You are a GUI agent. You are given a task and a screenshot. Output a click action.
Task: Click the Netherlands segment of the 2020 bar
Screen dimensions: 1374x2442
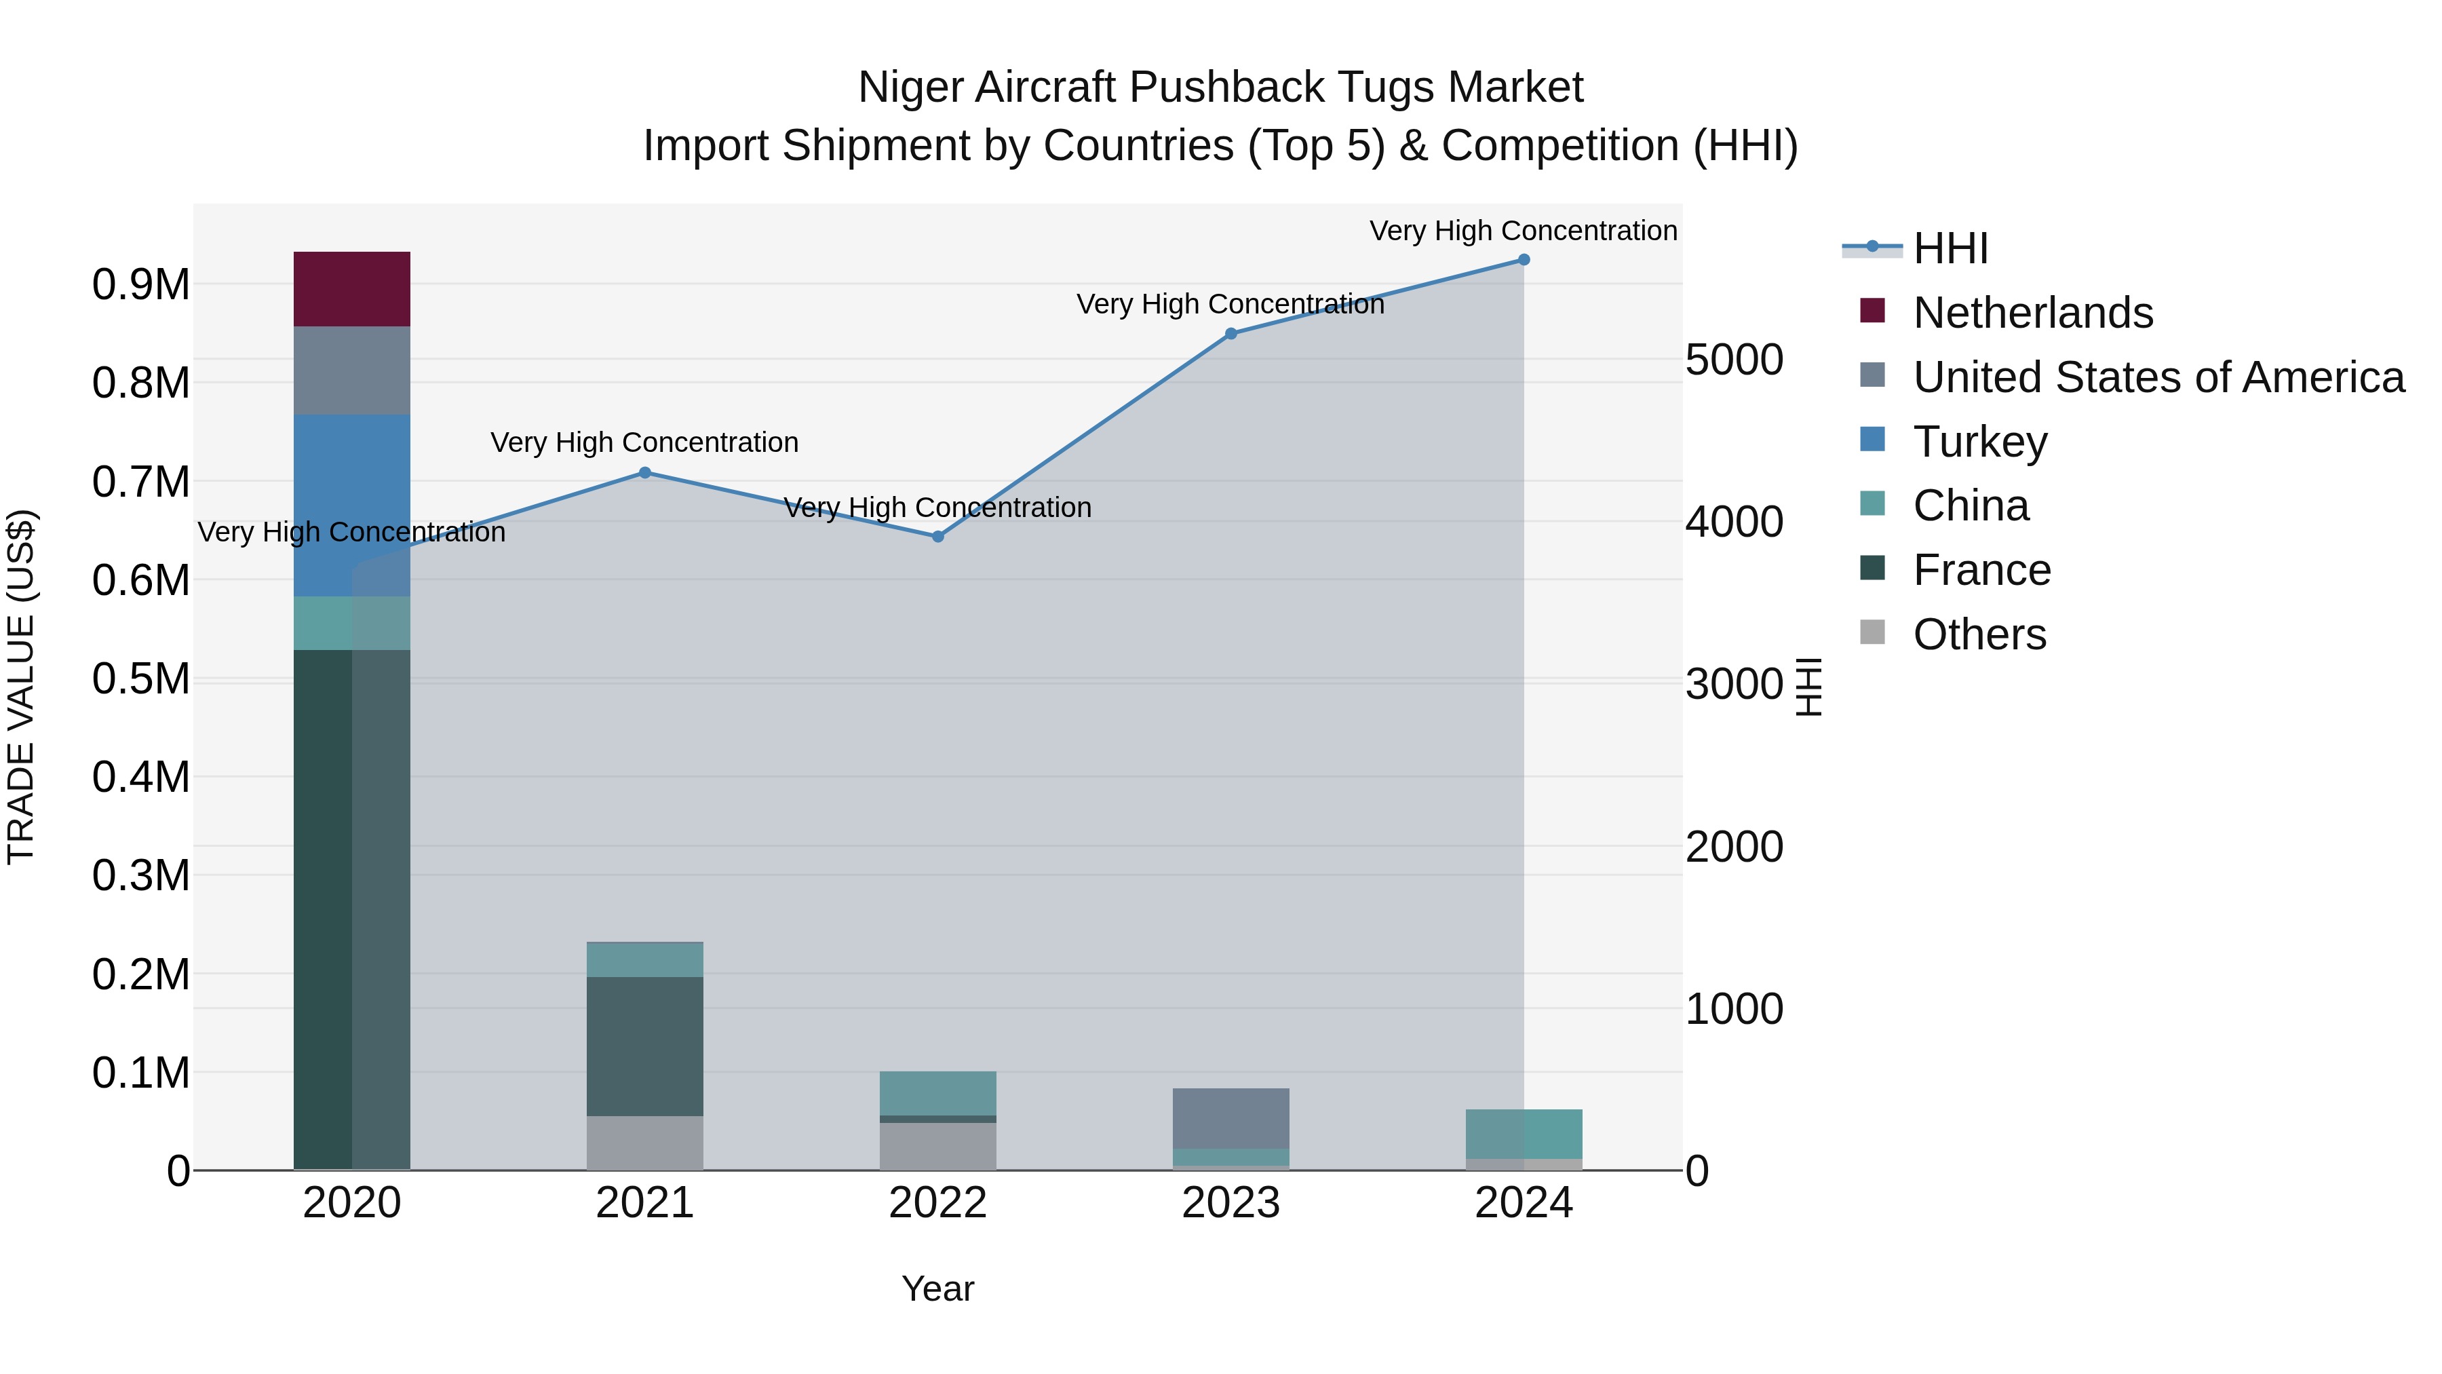(351, 289)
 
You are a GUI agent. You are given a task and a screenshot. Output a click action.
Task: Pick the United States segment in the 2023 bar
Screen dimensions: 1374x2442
(1230, 1118)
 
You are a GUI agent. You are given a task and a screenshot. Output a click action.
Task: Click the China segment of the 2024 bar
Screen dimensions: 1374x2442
(1524, 1133)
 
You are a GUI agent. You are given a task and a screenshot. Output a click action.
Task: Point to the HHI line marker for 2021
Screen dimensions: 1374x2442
(644, 472)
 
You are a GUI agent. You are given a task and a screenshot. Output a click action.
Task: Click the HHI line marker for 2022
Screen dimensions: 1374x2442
(937, 537)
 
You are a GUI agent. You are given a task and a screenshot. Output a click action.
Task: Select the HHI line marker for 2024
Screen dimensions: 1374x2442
(1524, 260)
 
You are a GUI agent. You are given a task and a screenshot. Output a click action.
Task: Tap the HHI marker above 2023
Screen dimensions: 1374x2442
(1230, 334)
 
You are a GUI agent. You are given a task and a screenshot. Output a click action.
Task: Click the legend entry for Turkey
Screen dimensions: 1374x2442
(1979, 442)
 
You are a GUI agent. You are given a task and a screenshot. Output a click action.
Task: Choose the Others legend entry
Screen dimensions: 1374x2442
(1979, 634)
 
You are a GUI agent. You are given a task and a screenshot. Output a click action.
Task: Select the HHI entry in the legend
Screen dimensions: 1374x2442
(1950, 248)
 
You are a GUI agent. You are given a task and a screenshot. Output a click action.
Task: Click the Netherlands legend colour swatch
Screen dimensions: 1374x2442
(1872, 311)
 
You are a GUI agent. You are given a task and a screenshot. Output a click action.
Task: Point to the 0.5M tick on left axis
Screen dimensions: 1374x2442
(140, 679)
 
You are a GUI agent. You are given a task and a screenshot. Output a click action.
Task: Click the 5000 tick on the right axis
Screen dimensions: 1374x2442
(1734, 360)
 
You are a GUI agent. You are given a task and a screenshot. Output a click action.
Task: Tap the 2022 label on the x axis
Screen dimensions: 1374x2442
(937, 1203)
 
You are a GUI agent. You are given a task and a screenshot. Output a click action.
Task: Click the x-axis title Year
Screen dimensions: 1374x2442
(937, 1289)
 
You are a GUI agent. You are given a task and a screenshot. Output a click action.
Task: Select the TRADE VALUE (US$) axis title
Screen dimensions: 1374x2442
(21, 687)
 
